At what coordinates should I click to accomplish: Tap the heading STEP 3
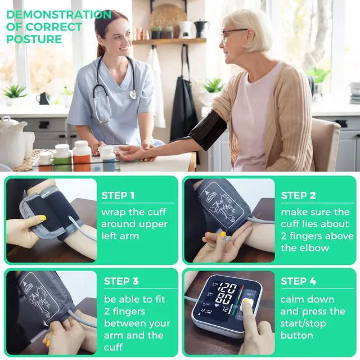point(121,281)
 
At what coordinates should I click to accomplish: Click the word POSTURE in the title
point(34,39)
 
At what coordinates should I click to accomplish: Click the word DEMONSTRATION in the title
point(59,15)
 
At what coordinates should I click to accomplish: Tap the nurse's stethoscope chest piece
point(133,94)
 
